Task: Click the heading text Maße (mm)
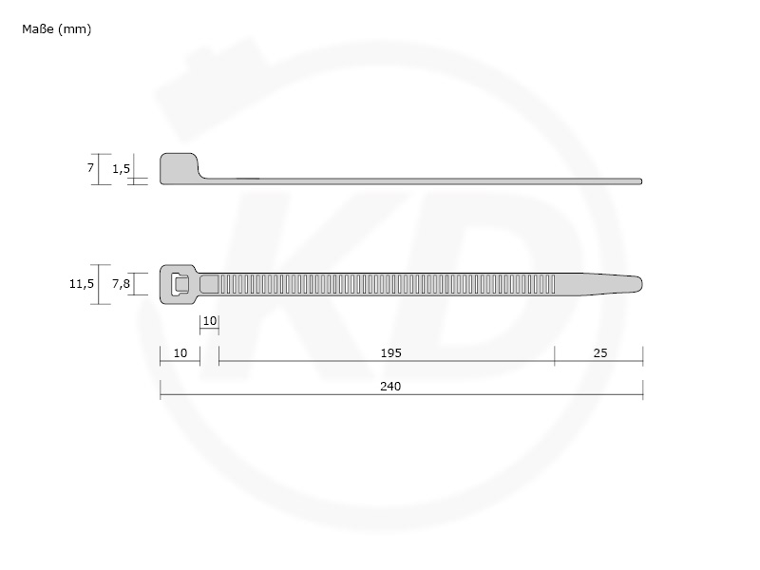tap(56, 29)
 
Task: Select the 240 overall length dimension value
tap(390, 387)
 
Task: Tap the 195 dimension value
tap(390, 352)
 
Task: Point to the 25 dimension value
tap(600, 352)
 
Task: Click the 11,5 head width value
tap(82, 283)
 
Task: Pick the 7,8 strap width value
tap(122, 283)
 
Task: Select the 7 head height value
tap(90, 168)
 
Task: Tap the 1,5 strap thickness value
tap(122, 169)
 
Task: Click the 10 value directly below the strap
tap(209, 321)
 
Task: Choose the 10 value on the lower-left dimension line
tap(180, 352)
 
